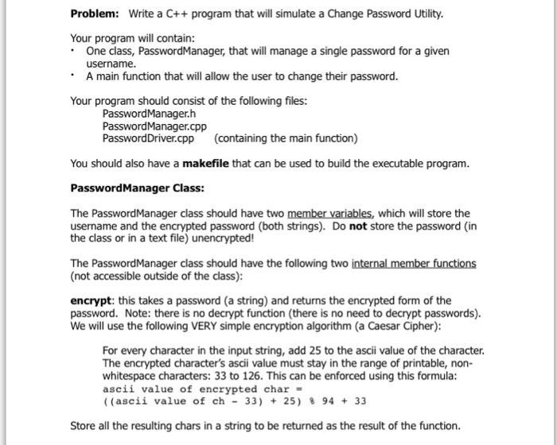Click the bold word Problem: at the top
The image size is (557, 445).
(x=95, y=15)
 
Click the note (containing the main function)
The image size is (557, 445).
(x=286, y=138)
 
